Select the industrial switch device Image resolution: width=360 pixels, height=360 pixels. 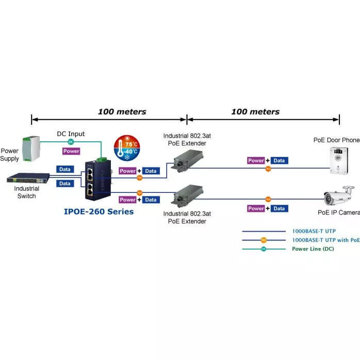pyautogui.click(x=27, y=178)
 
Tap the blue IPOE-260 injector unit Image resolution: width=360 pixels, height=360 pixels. pyautogui.click(x=99, y=178)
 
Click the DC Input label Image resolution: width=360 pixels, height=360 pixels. pyautogui.click(x=71, y=134)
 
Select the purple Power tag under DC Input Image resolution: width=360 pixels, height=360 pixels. pyautogui.click(x=71, y=151)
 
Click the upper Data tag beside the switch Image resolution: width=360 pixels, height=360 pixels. pyautogui.click(x=64, y=169)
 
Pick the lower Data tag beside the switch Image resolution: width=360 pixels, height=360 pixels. pyautogui.click(x=64, y=183)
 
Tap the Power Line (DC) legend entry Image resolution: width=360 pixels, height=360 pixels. pyautogui.click(x=313, y=249)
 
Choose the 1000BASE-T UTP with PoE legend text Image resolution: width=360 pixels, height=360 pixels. pyautogui.click(x=325, y=240)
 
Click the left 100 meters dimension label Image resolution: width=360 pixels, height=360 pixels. pyautogui.click(x=122, y=111)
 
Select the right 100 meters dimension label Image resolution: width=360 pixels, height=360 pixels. pyautogui.click(x=255, y=111)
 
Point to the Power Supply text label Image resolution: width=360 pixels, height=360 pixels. pyautogui.click(x=9, y=155)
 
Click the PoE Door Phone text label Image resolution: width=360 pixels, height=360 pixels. pyautogui.click(x=336, y=140)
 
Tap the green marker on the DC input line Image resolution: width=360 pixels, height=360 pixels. pyautogui.click(x=71, y=141)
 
